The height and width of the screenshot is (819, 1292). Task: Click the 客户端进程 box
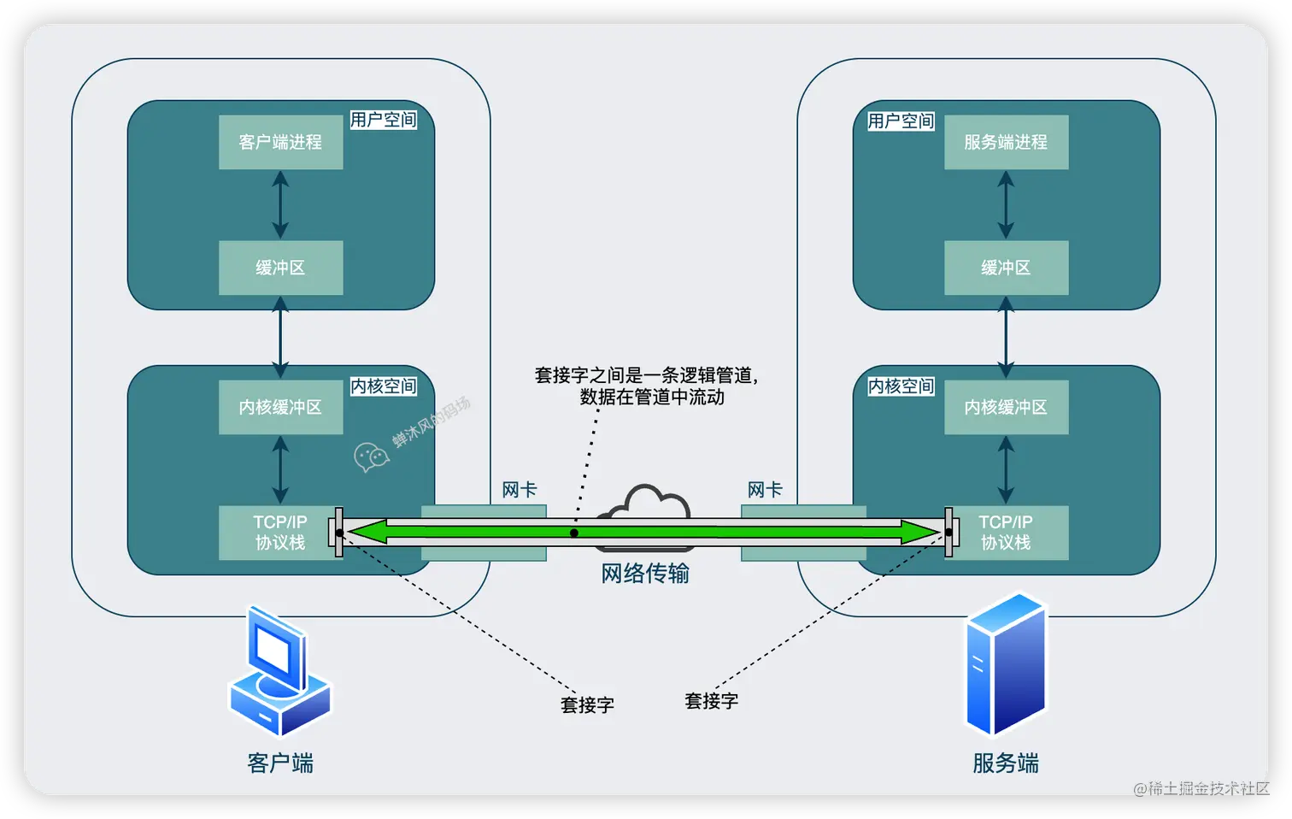(x=280, y=142)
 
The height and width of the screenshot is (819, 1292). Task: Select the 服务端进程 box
(x=1006, y=142)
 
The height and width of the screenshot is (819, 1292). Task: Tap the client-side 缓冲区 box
(x=280, y=268)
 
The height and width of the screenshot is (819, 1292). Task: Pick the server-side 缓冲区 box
(x=1006, y=268)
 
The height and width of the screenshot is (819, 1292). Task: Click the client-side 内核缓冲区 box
(x=280, y=407)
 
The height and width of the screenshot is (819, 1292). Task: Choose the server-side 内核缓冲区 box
(x=1006, y=407)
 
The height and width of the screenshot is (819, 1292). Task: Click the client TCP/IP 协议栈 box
(x=279, y=532)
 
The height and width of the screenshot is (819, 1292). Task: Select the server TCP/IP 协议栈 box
(x=1006, y=532)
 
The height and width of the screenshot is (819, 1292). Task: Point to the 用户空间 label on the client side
(x=383, y=120)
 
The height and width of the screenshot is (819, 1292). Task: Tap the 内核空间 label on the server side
(x=901, y=386)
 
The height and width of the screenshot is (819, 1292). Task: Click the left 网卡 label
(x=519, y=490)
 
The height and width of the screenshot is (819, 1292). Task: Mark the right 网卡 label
(x=764, y=490)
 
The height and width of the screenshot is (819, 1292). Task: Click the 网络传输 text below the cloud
(x=645, y=574)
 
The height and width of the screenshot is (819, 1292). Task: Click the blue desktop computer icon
(x=279, y=672)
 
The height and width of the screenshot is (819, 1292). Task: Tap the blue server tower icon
(x=1006, y=665)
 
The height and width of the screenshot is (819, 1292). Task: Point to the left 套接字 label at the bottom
(x=587, y=705)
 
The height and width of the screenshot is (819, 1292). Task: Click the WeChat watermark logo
(x=371, y=457)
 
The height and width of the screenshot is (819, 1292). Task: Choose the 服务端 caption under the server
(x=1006, y=763)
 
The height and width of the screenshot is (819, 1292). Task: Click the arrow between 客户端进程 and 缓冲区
(x=280, y=205)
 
